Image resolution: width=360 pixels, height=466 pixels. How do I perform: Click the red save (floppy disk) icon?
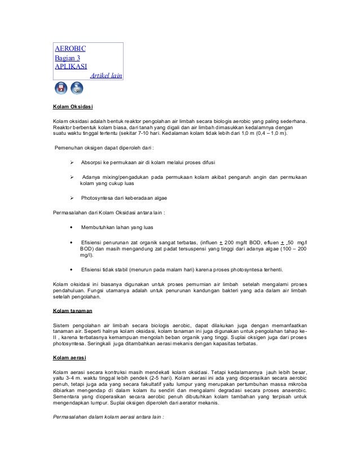click(60, 89)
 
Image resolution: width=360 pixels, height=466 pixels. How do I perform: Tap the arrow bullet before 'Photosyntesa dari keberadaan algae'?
click(71, 198)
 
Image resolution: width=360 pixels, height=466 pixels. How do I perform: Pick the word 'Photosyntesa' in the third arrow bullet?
click(98, 198)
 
